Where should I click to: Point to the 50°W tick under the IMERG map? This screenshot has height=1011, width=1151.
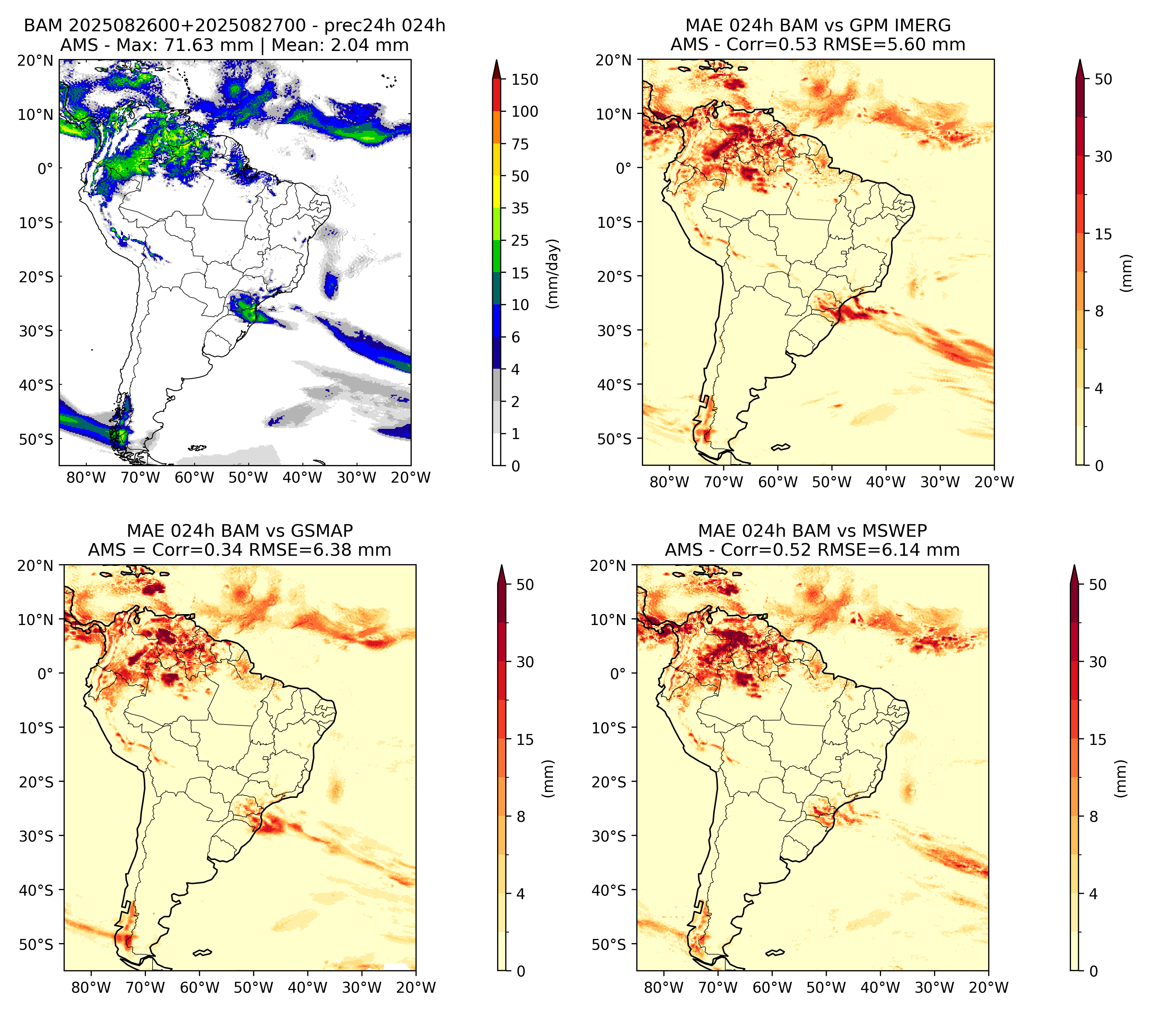[832, 482]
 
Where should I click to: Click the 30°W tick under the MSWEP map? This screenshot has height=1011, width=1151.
[934, 987]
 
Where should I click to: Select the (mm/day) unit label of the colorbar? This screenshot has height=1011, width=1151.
[553, 273]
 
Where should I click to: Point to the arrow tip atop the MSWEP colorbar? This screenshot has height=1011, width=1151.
[1074, 566]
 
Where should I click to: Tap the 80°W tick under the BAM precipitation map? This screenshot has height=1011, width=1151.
[86, 477]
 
